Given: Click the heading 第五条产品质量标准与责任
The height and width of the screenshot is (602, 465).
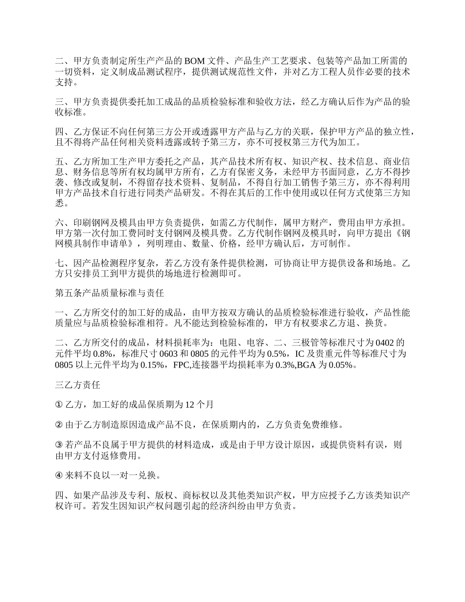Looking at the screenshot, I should (109, 294).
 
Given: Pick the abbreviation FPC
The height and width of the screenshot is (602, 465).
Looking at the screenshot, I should (182, 365).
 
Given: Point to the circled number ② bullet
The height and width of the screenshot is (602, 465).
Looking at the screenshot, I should (59, 424).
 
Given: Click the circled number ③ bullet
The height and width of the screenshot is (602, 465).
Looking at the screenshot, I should (59, 444).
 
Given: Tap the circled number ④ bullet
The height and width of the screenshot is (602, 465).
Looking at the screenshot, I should (59, 475).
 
